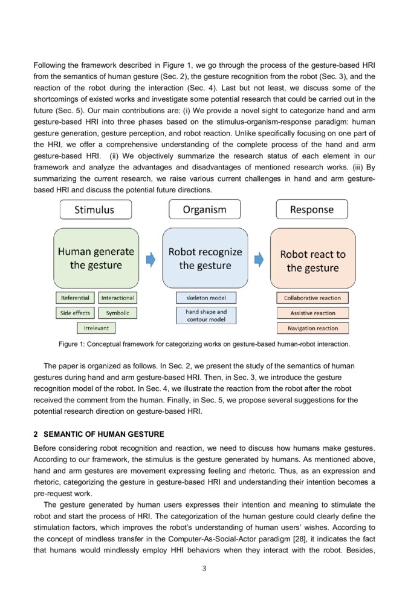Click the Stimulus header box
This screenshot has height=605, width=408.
(x=94, y=209)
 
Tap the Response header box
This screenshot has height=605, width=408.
(x=312, y=209)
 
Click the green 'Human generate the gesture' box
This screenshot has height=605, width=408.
(x=96, y=258)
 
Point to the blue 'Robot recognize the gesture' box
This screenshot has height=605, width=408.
(x=204, y=258)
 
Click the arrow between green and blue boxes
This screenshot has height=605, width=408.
(x=151, y=259)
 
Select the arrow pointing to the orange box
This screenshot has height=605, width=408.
(x=259, y=259)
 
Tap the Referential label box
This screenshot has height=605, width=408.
(x=75, y=298)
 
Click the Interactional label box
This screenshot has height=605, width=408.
(x=118, y=298)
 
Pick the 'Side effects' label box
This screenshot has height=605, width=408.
(x=75, y=313)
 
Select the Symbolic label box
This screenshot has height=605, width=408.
(x=118, y=313)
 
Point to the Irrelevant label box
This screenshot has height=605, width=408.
(x=96, y=328)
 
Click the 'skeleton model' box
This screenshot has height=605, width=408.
(x=206, y=298)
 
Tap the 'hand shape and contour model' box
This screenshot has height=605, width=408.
(x=206, y=315)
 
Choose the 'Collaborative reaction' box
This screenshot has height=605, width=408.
(x=312, y=298)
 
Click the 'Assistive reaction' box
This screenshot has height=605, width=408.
(x=312, y=313)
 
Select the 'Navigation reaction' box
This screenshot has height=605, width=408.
(x=312, y=328)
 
